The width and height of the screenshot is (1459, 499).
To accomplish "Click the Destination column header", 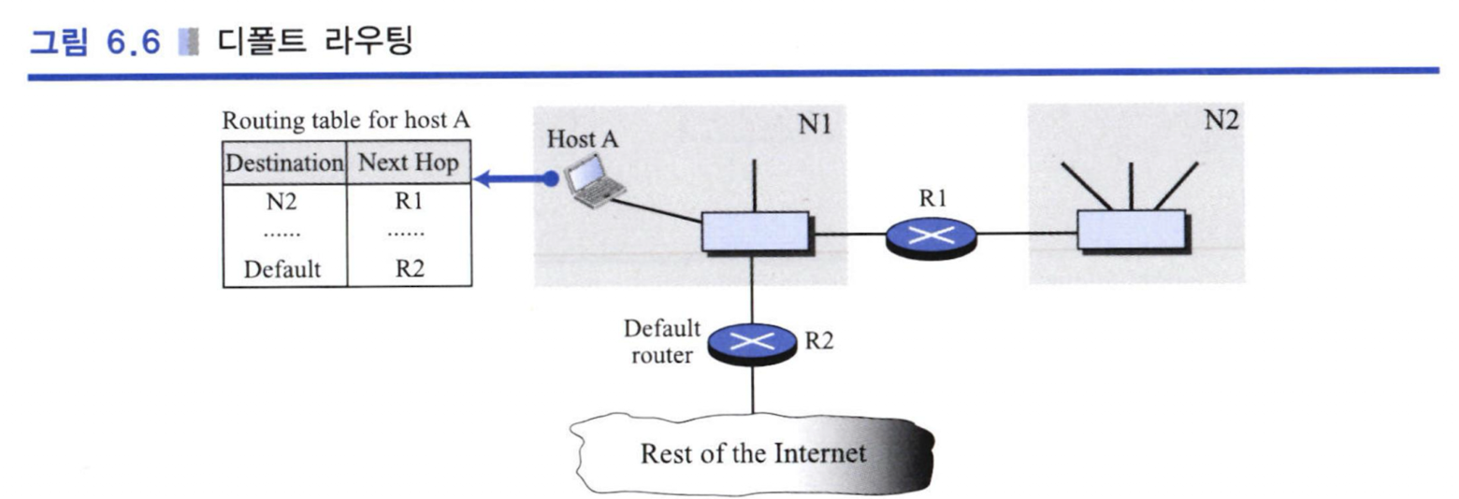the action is point(284,163).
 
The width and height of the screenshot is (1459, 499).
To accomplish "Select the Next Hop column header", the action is point(409,163).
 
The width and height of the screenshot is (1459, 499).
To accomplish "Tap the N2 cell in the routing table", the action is point(282,202).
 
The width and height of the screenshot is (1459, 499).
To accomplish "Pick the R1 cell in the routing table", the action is point(409,201).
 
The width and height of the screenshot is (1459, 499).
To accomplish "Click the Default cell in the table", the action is point(282,269).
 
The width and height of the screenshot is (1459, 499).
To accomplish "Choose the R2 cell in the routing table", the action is point(410,268).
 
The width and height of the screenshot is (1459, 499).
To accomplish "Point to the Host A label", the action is point(583,138).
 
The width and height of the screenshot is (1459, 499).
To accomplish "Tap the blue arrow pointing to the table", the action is point(515,178).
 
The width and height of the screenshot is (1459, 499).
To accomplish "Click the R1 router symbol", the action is point(932,236).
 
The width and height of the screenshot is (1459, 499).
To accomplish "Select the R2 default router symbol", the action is point(752,344).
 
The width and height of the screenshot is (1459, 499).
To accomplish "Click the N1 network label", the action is point(815,123).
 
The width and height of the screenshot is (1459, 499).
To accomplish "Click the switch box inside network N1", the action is point(756,233).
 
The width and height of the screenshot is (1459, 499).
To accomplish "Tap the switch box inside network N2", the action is point(1133,230).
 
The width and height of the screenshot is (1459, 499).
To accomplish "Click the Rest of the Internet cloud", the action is point(752,453).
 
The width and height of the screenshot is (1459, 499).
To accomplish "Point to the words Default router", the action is point(662,342).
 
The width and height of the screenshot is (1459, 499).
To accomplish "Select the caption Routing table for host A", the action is point(346,121).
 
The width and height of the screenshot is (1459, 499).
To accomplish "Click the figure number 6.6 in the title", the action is point(133,43).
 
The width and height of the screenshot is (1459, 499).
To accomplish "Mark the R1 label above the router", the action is point(932,198).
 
